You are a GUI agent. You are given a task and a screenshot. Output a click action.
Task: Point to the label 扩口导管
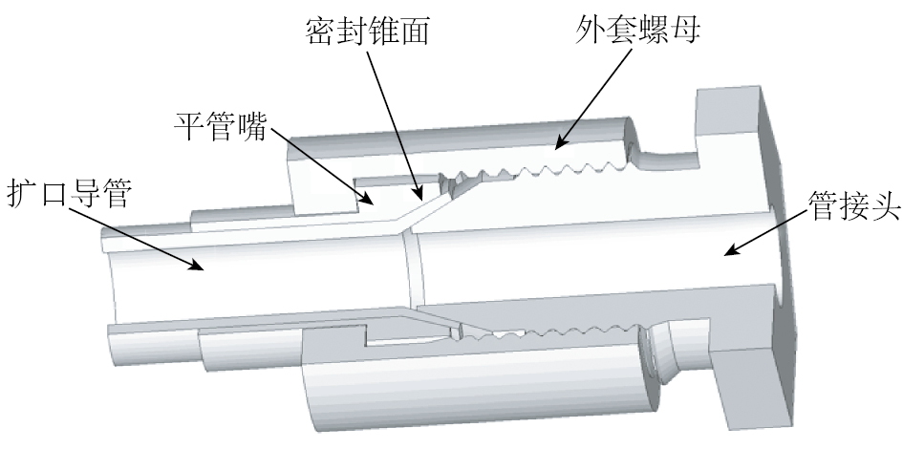click(x=69, y=194)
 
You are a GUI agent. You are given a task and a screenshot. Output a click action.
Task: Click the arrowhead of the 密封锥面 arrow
click(x=418, y=191)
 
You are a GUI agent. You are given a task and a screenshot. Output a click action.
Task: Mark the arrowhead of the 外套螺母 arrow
click(x=556, y=149)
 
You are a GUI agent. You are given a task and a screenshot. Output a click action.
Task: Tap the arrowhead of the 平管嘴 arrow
click(x=373, y=203)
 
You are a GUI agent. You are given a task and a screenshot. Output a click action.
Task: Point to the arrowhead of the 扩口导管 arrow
click(x=203, y=268)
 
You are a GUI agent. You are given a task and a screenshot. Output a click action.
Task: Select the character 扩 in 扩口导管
click(x=23, y=194)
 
